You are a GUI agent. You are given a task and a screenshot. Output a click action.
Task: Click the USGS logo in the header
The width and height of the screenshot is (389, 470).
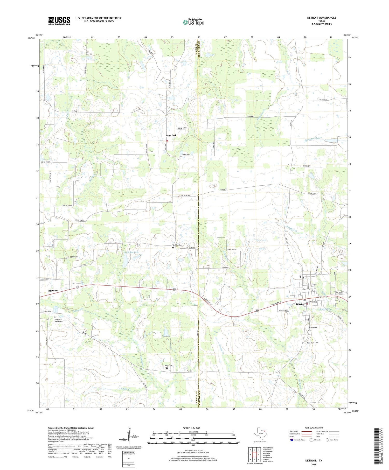59,21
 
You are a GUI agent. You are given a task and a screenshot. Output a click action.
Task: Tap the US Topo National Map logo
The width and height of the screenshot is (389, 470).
193,22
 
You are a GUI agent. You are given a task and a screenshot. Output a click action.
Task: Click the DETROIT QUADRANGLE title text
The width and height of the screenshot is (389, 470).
321,18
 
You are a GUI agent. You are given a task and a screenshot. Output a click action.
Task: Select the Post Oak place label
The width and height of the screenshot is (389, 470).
171,135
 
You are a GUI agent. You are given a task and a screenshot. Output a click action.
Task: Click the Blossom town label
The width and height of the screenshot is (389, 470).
53,291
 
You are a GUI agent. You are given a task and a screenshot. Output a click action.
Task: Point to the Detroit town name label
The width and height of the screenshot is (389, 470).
300,304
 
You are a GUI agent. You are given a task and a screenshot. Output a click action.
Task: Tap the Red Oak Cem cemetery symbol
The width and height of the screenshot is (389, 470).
173,248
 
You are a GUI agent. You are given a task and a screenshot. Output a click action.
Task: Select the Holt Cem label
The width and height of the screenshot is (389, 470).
169,366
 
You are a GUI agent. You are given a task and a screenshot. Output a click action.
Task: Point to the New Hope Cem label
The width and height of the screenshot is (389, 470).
312,343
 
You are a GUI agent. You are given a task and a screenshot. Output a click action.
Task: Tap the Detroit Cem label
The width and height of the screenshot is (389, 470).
313,328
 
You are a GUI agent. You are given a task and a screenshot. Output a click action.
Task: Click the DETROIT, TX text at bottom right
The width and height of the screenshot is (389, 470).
314,461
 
